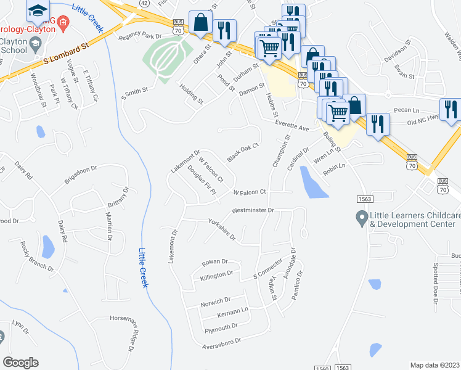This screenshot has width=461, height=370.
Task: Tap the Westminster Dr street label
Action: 252,210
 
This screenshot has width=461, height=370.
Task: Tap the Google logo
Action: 21,363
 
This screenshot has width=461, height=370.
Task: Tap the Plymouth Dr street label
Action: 221,327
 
